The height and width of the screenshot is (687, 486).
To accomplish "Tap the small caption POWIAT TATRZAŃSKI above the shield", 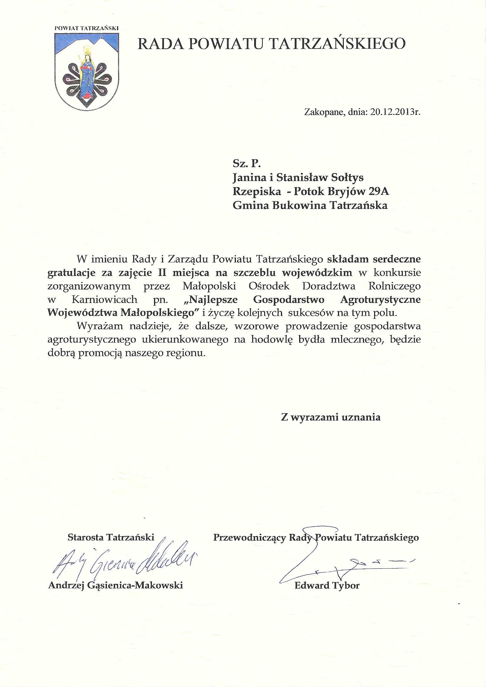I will (x=86, y=28).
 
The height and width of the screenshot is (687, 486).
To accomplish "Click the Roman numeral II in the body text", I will (x=162, y=273).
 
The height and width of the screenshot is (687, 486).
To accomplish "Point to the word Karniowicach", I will (x=104, y=299).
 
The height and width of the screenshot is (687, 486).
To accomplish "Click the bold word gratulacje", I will (x=71, y=273).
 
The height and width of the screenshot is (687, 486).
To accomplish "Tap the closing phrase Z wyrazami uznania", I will (x=331, y=417).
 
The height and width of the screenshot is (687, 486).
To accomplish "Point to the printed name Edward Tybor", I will (x=327, y=585).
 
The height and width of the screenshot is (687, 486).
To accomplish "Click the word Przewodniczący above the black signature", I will (x=249, y=538).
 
